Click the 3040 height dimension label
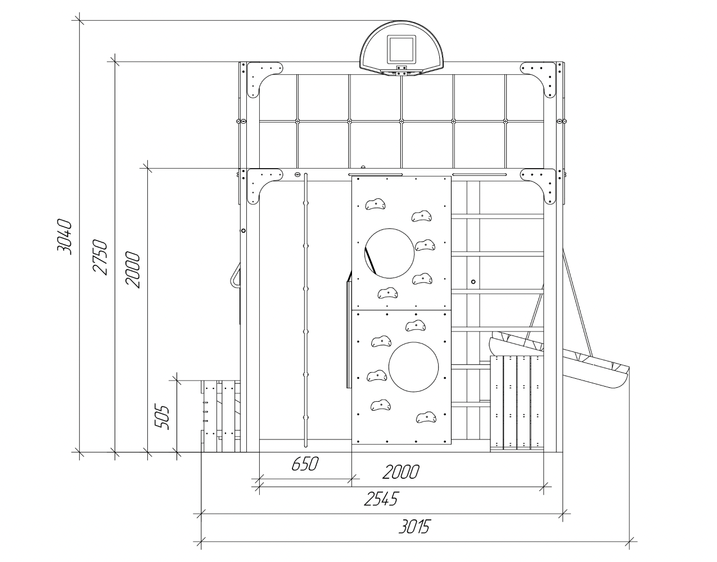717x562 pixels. pyautogui.click(x=64, y=237)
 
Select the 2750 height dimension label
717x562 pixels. pyautogui.click(x=100, y=257)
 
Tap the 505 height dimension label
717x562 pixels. pyautogui.click(x=162, y=418)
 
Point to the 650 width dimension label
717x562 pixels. pyautogui.click(x=305, y=464)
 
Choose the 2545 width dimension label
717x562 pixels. pyautogui.click(x=382, y=498)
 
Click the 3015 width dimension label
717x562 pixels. pyautogui.click(x=414, y=527)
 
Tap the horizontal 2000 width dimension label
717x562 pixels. pyautogui.click(x=401, y=472)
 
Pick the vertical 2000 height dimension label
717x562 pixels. pyautogui.click(x=133, y=270)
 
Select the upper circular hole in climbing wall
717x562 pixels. pyautogui.click(x=389, y=253)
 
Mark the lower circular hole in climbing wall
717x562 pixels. pyautogui.click(x=414, y=367)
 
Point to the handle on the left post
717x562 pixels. pyautogui.click(x=236, y=275)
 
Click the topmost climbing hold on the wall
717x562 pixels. pyautogui.click(x=375, y=205)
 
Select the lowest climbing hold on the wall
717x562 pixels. pyautogui.click(x=426, y=418)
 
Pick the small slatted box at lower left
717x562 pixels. pyautogui.click(x=221, y=416)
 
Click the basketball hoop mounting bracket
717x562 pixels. pyautogui.click(x=401, y=71)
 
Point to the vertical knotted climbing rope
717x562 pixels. pyautogui.click(x=306, y=310)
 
